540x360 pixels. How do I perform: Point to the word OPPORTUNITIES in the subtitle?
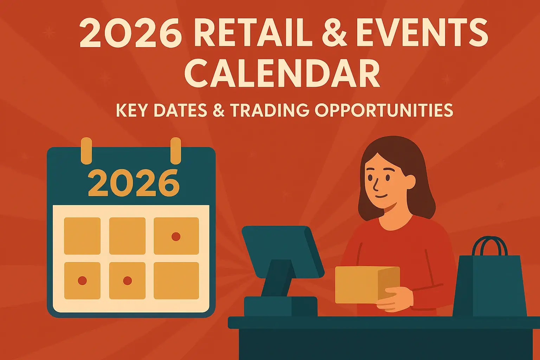384,110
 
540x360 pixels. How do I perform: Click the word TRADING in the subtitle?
270,110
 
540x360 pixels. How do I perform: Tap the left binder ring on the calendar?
86,150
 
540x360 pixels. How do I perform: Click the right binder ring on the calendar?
175,150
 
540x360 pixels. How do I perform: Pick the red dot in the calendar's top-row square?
176,237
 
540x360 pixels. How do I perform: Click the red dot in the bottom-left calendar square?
82,281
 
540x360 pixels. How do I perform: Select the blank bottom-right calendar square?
176,281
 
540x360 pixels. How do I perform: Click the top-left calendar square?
82,236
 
